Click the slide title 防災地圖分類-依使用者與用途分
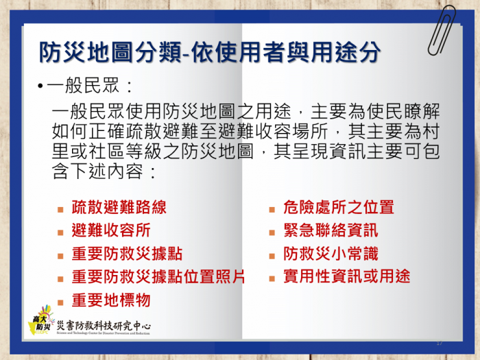click(x=210, y=51)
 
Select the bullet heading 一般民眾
click(x=83, y=85)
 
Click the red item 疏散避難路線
click(x=119, y=207)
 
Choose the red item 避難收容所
click(x=111, y=230)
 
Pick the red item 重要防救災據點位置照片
click(x=158, y=277)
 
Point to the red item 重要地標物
click(x=111, y=300)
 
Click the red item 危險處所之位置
click(x=339, y=207)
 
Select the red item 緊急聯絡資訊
click(x=331, y=230)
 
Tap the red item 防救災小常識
click(x=331, y=254)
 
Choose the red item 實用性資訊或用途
click(x=346, y=276)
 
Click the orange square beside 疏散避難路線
click(x=60, y=210)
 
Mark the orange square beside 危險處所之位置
click(x=272, y=210)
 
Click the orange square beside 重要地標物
click(x=60, y=303)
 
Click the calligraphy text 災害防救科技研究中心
click(x=104, y=326)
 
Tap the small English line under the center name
click(x=103, y=333)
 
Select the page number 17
click(x=440, y=343)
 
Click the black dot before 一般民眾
click(x=40, y=86)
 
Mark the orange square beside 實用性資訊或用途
click(x=272, y=278)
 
